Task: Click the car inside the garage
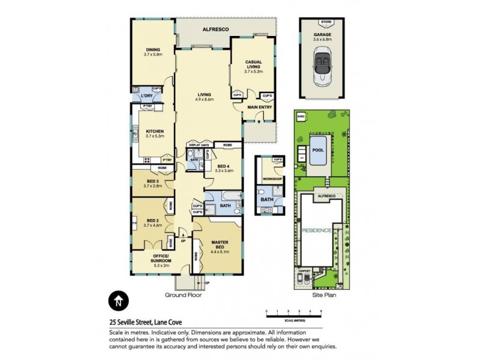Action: [x=326, y=62]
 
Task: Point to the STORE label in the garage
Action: [x=326, y=22]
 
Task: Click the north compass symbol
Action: [x=119, y=301]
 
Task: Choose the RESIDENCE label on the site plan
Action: [x=316, y=230]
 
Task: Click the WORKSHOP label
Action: [x=269, y=179]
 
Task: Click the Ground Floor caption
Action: [x=183, y=295]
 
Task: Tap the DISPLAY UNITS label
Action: [x=199, y=145]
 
